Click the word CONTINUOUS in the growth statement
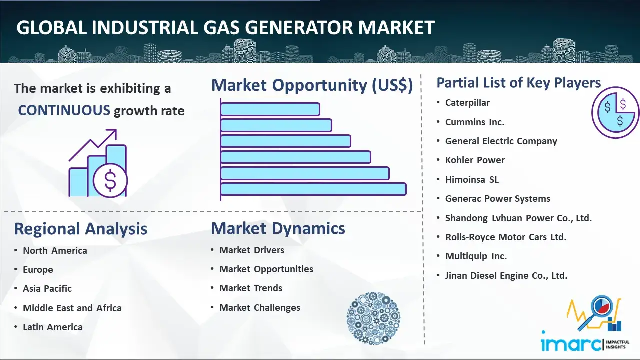pos(64,110)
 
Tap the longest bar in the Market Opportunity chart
pos(313,189)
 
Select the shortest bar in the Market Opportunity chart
pos(270,109)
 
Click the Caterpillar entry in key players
pos(467,103)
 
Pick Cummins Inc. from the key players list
pos(475,122)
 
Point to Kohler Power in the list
pos(475,160)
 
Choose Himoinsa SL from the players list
pos(472,179)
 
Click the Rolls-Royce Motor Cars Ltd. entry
pos(505,237)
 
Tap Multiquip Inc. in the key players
pos(476,256)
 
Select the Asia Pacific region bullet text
pos(47,289)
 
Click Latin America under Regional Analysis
pos(53,327)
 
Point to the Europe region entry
pos(38,270)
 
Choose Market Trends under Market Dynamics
pos(251,288)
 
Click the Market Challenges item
pos(259,307)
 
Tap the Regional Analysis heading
pos(81,229)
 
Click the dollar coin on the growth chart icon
pos(110,180)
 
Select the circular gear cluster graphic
pos(373,318)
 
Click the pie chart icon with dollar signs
pos(615,113)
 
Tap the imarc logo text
pos(571,344)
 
